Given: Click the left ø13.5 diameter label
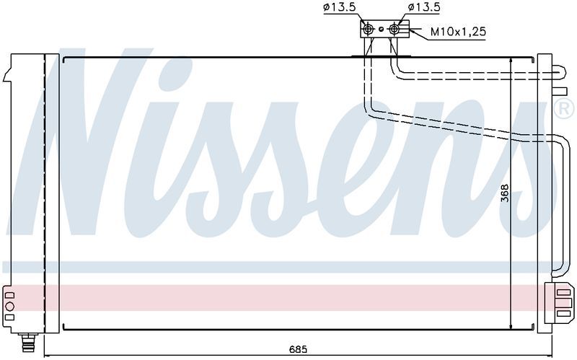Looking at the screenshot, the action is click(340, 7).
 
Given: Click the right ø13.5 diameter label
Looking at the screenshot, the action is click(424, 7).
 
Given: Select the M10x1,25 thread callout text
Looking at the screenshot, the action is click(458, 32).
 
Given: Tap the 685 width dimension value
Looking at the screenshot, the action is click(298, 349).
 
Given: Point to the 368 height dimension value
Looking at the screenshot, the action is click(504, 193).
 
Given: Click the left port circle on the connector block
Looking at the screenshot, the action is click(368, 29).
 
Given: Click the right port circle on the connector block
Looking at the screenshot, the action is click(394, 29).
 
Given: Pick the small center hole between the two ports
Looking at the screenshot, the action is click(382, 29).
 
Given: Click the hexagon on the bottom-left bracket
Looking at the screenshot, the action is click(10, 306).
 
